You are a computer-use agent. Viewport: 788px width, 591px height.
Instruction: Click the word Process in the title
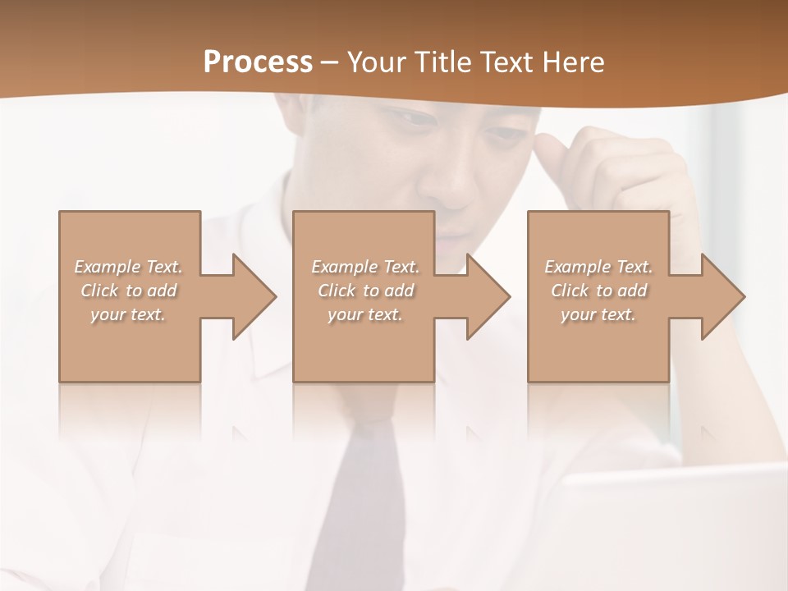[258, 62]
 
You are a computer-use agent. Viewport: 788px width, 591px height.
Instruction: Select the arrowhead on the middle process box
[488, 296]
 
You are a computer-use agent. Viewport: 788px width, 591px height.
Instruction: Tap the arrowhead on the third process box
[722, 296]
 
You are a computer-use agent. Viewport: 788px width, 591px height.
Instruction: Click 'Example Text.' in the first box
[128, 267]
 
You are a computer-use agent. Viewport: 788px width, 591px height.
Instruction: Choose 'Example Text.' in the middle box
[365, 267]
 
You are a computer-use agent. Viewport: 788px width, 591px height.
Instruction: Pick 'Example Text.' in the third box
[598, 267]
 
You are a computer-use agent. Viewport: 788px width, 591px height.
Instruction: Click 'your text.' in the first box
[128, 314]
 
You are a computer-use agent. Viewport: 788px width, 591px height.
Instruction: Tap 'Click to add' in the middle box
[365, 291]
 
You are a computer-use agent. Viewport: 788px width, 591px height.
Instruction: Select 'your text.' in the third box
[598, 314]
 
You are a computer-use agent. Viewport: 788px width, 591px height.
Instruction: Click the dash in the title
[330, 62]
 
